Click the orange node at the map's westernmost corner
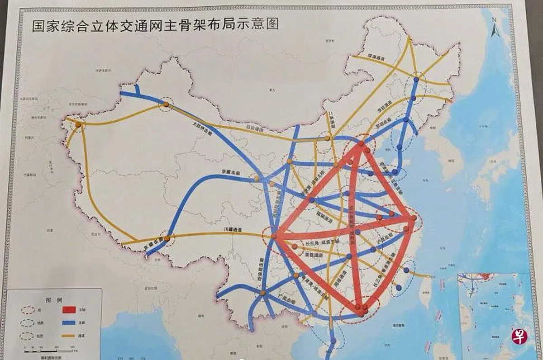pos(79,124)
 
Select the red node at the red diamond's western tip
pos(274,236)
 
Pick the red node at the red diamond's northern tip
pos(362,144)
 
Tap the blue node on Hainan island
pos(333,341)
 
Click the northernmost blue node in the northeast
pos(415,80)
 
